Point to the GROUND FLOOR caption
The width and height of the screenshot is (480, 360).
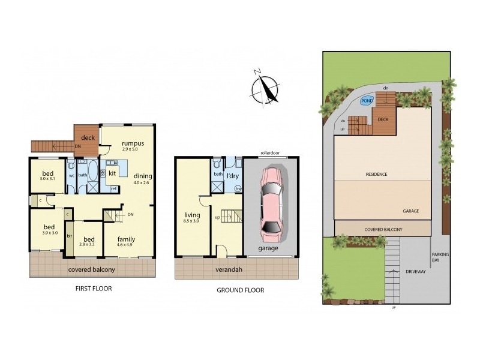[239, 290]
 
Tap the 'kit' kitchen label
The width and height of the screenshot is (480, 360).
[112, 173]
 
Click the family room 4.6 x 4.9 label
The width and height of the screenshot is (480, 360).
[126, 241]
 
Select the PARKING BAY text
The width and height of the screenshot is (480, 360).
[440, 257]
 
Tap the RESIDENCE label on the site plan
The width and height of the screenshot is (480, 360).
[376, 174]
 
